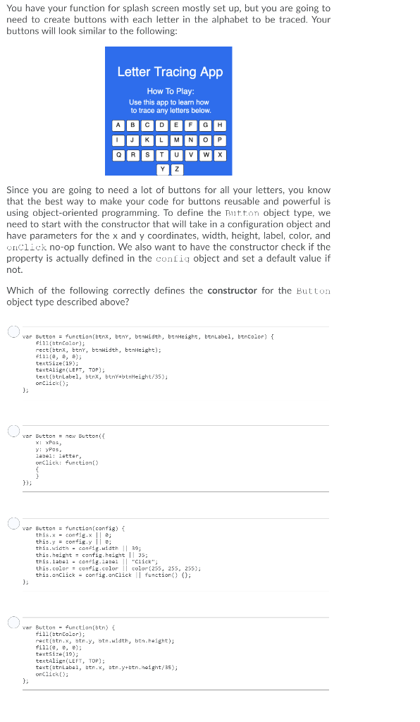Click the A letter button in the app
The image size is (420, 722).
coord(118,126)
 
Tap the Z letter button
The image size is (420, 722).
coord(176,169)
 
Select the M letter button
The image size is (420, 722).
coord(176,140)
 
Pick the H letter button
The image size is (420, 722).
coord(220,126)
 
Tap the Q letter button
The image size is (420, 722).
coord(118,155)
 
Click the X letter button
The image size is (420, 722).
coord(220,155)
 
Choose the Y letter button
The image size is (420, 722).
coord(162,169)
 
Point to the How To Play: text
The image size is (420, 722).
coord(170,92)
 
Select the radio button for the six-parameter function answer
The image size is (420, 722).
coord(13,332)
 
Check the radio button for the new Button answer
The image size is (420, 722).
coord(13,431)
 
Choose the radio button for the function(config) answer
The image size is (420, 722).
coord(13,523)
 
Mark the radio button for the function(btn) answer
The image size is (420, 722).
coord(13,623)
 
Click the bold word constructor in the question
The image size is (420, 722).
coord(232,290)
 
